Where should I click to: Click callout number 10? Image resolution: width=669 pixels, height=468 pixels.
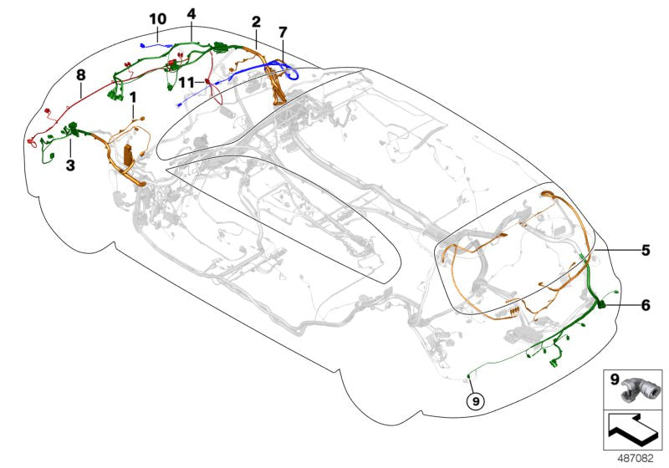coord(158,18)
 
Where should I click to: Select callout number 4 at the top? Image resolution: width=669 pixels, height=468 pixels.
coord(192,14)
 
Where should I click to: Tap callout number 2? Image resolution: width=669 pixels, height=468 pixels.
coord(256,22)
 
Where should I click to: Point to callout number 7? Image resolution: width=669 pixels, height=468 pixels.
coord(283,33)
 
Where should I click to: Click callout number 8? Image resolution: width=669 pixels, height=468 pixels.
coord(81,75)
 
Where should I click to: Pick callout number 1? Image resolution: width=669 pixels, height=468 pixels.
coord(132,98)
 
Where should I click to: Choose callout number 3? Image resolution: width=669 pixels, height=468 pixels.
coord(70,165)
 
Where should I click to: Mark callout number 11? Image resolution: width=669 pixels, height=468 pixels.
coord(186,83)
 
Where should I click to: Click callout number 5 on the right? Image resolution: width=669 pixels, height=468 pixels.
coord(645,249)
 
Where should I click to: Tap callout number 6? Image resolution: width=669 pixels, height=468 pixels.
coord(645,306)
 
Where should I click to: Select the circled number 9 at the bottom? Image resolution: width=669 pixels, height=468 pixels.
coord(475,400)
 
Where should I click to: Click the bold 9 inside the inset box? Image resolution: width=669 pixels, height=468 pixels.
coord(613,380)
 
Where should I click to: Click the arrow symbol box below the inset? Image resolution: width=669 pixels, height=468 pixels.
coord(632,431)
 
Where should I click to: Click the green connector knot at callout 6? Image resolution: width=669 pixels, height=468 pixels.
coord(600,307)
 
